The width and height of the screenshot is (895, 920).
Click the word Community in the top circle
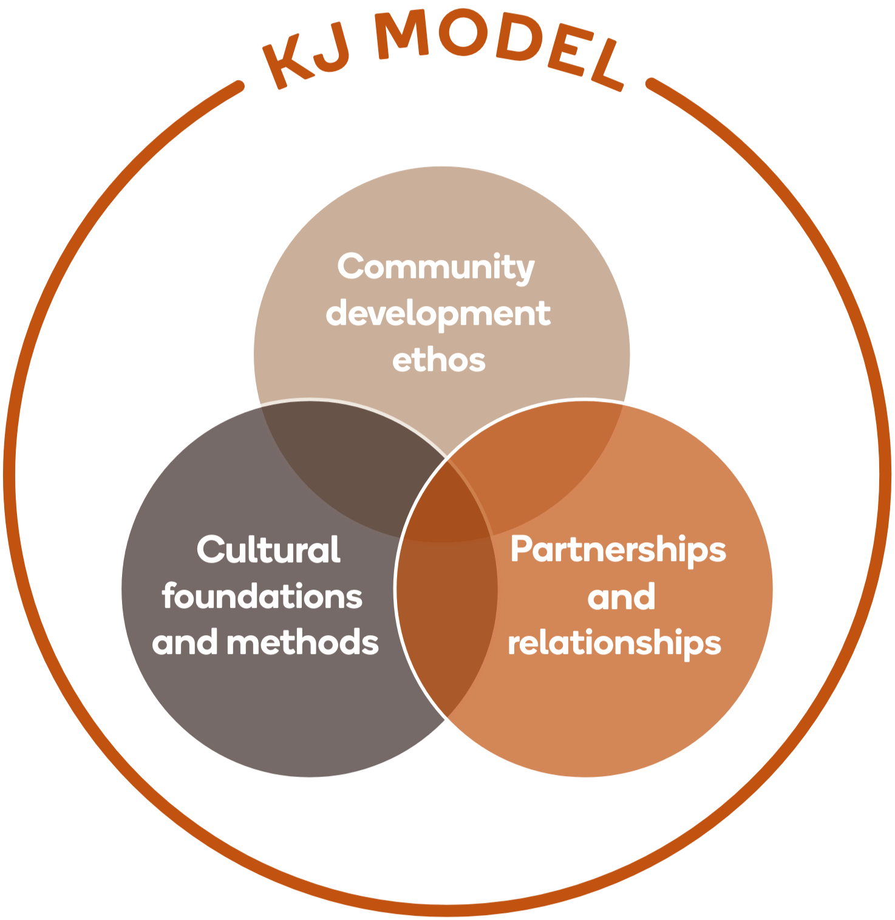pyautogui.click(x=435, y=267)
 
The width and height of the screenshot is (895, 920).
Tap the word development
pyautogui.click(x=438, y=314)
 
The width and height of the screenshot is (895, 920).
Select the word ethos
pyautogui.click(x=438, y=360)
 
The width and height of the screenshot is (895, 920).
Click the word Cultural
pyautogui.click(x=268, y=550)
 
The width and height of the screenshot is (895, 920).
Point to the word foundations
pyautogui.click(x=262, y=596)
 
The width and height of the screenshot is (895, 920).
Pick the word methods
pyautogui.click(x=302, y=642)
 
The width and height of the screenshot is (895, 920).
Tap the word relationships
pyautogui.click(x=614, y=644)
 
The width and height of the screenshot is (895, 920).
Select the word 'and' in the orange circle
pyautogui.click(x=621, y=597)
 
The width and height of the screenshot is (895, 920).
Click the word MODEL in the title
pyautogui.click(x=498, y=49)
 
